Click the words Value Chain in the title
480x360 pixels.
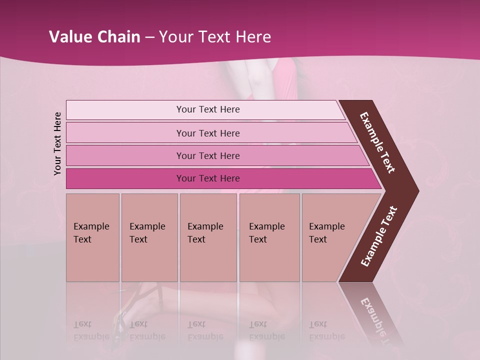(94, 37)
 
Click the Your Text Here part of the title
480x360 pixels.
(215, 37)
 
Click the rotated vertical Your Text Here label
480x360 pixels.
(57, 144)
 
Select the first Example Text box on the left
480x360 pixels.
(92, 237)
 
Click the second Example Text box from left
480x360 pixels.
(149, 237)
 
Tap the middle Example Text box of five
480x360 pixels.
(208, 237)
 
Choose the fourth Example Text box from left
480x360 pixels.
(269, 237)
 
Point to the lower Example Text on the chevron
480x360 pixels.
(379, 236)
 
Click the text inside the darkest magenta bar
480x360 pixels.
(208, 178)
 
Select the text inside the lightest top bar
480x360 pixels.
(208, 109)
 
